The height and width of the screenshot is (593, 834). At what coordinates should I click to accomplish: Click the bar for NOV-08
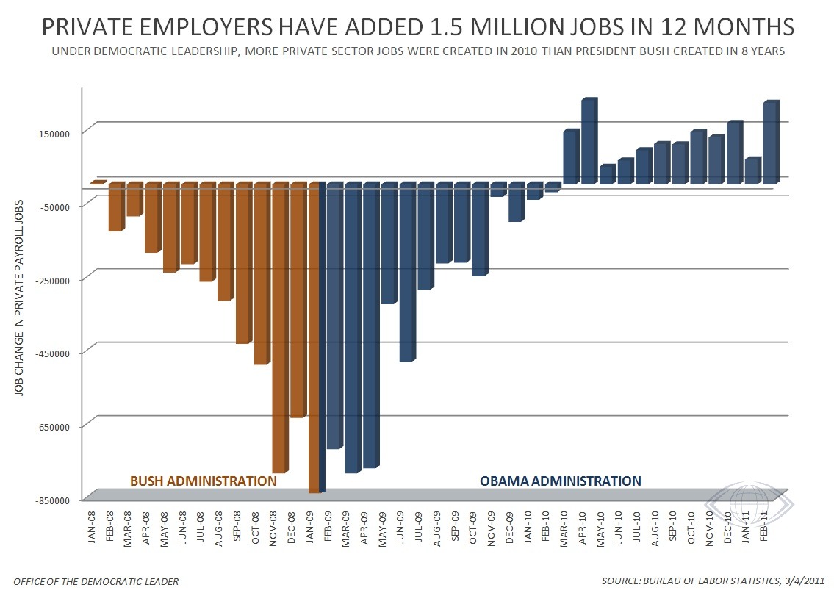[x=280, y=327]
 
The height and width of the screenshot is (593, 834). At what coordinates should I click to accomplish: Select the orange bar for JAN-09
[x=314, y=337]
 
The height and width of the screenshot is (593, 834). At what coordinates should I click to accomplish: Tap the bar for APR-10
[x=589, y=141]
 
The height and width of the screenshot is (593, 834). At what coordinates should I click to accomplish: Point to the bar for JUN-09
[x=407, y=272]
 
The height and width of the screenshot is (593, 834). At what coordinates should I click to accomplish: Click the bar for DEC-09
[x=517, y=201]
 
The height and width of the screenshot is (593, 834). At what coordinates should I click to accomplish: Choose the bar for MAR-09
[x=353, y=327]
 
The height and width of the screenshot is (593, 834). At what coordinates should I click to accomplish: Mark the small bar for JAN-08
[x=96, y=182]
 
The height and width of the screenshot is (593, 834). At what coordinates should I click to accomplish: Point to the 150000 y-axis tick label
[x=55, y=134]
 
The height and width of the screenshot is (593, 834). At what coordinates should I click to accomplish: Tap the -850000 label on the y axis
[x=52, y=500]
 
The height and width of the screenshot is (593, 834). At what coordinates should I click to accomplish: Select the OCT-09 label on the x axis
[x=473, y=528]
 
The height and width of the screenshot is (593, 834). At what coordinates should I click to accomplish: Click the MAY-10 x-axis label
[x=600, y=528]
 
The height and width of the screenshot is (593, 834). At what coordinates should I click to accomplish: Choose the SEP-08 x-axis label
[x=237, y=527]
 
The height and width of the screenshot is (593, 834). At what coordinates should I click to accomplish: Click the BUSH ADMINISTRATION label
[x=204, y=481]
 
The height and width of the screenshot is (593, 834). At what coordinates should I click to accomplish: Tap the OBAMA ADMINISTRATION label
[x=561, y=481]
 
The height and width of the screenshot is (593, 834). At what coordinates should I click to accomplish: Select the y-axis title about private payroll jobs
[x=19, y=298]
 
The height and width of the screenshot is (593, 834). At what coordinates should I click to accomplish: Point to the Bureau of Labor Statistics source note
[x=713, y=581]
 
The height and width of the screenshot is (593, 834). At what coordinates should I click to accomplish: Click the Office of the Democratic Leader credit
[x=96, y=581]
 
